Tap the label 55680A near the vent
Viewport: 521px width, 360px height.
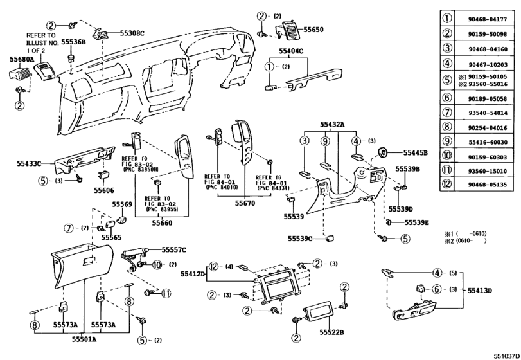(x=21, y=59)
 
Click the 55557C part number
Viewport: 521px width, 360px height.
(x=173, y=249)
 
